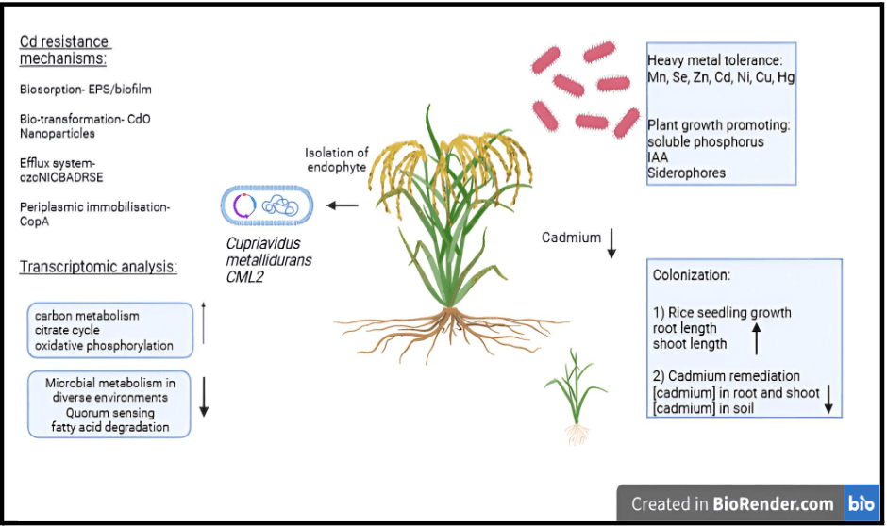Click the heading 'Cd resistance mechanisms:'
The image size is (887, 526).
[x=65, y=51]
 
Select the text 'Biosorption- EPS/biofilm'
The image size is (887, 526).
[x=86, y=90]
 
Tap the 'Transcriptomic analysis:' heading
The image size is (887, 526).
[x=98, y=268]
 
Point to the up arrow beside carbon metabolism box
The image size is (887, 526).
[x=204, y=323]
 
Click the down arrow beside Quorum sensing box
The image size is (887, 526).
[x=204, y=398]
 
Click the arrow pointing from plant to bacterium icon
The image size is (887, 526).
[x=343, y=205]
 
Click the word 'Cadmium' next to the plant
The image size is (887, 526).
[x=571, y=238]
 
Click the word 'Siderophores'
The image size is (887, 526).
[x=686, y=173]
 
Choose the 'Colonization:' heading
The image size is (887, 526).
[x=693, y=275]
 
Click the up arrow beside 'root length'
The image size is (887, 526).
[x=756, y=336]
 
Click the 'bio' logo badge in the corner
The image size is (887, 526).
[x=861, y=503]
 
